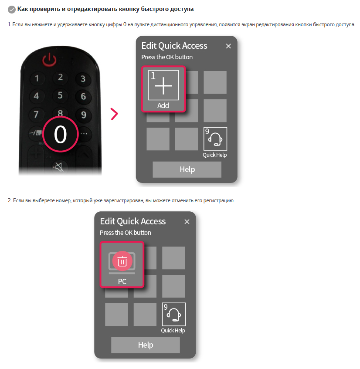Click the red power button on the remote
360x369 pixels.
(49, 60)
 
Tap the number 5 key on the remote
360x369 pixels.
(60, 95)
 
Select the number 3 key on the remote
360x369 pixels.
(83, 78)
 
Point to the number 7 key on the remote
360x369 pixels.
(36, 114)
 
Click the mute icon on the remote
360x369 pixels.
(59, 166)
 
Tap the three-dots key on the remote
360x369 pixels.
(84, 134)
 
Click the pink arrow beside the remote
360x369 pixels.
(114, 114)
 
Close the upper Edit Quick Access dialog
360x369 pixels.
(228, 46)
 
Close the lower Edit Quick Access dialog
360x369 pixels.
(187, 222)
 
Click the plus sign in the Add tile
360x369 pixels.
(163, 86)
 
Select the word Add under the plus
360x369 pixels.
(163, 105)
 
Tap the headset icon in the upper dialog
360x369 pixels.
(215, 139)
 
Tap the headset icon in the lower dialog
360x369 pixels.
(174, 315)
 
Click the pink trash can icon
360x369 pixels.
(122, 261)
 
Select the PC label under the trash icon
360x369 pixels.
(122, 281)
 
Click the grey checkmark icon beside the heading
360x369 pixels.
(12, 10)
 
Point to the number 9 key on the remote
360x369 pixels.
(84, 115)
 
